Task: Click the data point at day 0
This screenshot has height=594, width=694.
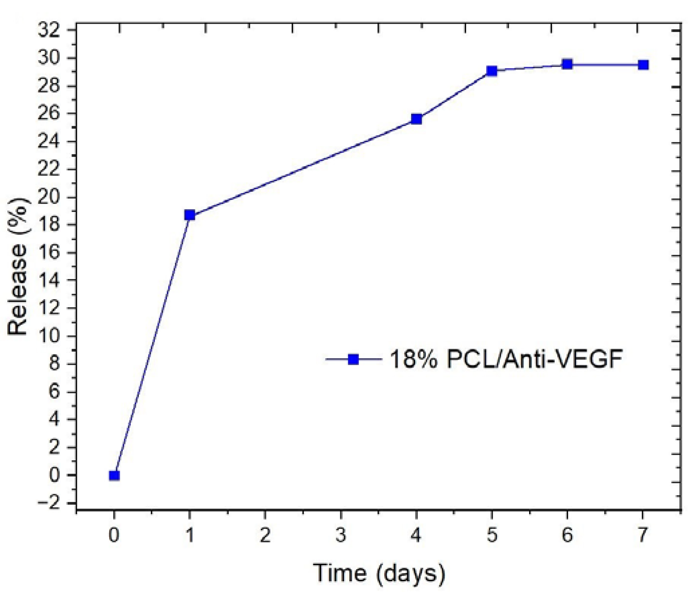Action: [x=114, y=476]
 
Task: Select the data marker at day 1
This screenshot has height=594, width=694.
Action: [x=190, y=215]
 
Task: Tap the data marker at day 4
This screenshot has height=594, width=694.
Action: [x=416, y=119]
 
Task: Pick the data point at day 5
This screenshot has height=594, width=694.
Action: [x=492, y=71]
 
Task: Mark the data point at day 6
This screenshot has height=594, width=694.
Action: [x=567, y=64]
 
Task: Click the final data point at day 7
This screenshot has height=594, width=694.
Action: [x=643, y=65]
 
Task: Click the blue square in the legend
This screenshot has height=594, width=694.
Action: [x=353, y=359]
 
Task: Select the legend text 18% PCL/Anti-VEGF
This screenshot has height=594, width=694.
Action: [x=506, y=359]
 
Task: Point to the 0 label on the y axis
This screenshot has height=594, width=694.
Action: [x=54, y=475]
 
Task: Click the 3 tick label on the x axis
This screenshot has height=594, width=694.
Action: [x=341, y=535]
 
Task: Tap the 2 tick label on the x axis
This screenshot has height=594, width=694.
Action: [x=265, y=535]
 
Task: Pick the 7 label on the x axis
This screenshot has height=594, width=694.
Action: [x=642, y=535]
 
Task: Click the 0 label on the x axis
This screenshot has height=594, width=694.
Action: [x=114, y=535]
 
